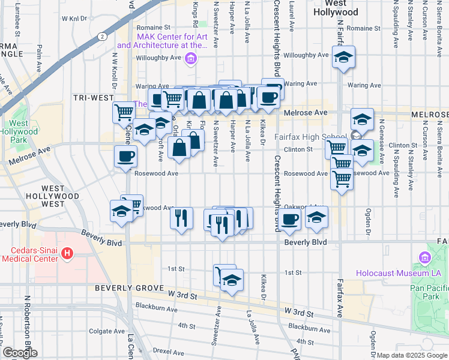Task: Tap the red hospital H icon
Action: tap(67, 254)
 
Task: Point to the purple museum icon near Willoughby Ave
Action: tap(191, 58)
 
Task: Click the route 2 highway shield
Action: tap(103, 37)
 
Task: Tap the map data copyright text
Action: tap(412, 355)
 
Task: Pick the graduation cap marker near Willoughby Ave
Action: tap(343, 58)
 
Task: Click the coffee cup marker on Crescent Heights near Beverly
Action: tap(290, 219)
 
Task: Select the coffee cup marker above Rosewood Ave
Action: tap(125, 157)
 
